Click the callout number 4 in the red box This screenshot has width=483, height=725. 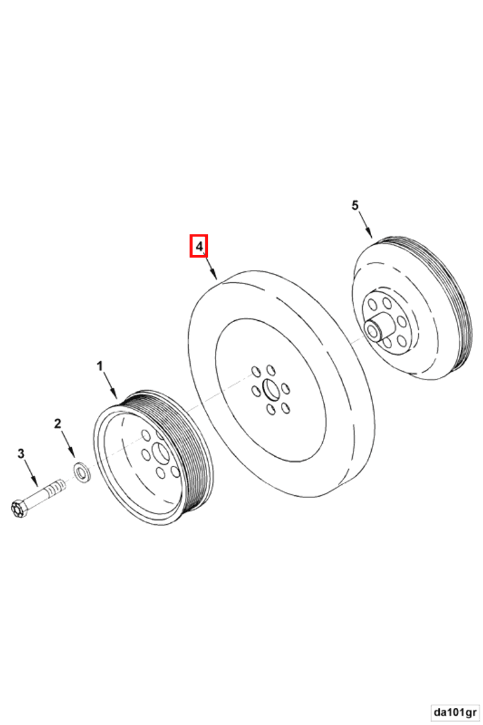[x=199, y=247]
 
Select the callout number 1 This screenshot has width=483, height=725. [x=100, y=367]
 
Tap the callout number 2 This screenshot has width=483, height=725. [x=58, y=424]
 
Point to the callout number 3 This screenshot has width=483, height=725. [x=21, y=454]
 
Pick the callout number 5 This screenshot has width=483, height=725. [x=355, y=205]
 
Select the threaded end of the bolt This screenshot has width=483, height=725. [x=55, y=487]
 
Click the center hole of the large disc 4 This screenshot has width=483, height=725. [x=269, y=390]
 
